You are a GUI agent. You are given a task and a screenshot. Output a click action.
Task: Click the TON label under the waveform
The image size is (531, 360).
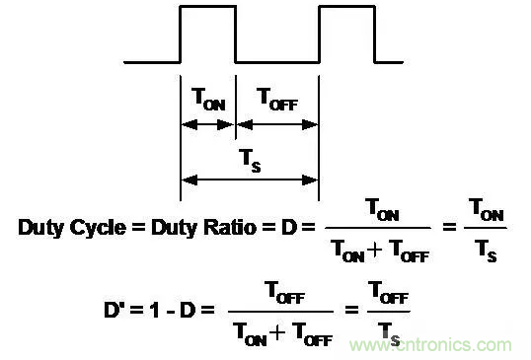click(208, 99)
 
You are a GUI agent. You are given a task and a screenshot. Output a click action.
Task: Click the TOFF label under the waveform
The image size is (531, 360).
click(277, 99)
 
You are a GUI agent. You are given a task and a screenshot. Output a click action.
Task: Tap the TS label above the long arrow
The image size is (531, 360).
click(250, 161)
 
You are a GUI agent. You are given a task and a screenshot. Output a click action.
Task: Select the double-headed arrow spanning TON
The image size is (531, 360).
click(207, 125)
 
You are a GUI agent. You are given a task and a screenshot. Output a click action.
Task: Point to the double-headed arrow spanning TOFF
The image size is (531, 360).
click(277, 125)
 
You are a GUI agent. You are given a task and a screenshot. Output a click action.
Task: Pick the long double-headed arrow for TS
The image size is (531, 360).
click(250, 180)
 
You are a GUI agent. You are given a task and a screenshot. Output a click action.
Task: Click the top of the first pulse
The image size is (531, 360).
click(207, 6)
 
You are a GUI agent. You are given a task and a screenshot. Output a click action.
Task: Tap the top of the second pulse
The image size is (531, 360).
click(346, 6)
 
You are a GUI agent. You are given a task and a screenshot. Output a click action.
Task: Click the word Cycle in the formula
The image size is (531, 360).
click(98, 228)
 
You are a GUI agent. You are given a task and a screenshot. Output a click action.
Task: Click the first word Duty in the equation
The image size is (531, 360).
click(41, 228)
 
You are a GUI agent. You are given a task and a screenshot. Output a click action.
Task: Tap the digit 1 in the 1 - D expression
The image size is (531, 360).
click(155, 310)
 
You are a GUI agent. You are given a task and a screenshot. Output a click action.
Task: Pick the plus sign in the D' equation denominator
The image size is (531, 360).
click(277, 333)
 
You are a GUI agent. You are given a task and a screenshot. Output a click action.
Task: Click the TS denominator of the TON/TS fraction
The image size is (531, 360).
click(486, 251)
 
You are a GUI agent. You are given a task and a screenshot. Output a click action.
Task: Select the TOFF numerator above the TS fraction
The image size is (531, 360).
click(388, 292)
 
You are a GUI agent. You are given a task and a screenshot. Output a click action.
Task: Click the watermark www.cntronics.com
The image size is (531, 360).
click(430, 345)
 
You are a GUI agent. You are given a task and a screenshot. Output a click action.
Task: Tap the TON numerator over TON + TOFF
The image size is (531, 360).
click(382, 209)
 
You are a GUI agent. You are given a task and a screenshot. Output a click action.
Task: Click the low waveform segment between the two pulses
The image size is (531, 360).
click(277, 62)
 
